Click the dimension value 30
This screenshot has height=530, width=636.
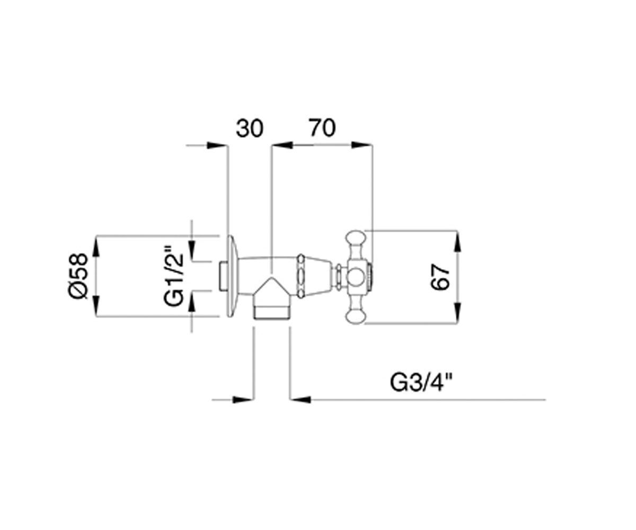coord(250,128)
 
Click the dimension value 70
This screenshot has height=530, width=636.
coord(322,128)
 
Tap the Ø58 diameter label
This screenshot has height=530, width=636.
coord(78,276)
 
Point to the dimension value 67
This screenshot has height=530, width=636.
coord(440,277)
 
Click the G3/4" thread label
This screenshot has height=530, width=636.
coord(421,383)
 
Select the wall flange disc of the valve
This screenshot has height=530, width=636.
coord(233,276)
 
